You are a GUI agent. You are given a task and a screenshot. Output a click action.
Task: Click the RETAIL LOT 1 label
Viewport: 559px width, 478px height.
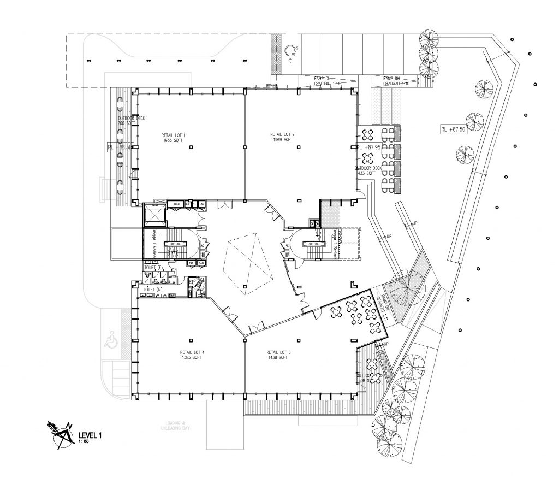coord(174,138)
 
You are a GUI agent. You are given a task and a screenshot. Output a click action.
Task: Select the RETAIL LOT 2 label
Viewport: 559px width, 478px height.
coord(282,137)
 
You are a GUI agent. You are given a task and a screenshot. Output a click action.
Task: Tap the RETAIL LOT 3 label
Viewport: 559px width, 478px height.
coord(278,355)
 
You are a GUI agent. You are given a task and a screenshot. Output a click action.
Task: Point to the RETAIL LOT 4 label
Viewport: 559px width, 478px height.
coord(193,355)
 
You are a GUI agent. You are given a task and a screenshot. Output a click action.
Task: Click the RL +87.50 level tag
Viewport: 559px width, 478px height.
coord(453,129)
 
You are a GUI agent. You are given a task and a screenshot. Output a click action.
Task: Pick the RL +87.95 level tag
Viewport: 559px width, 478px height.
coord(368,147)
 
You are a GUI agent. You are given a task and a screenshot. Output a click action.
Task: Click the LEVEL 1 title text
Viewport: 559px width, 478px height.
coord(91,435)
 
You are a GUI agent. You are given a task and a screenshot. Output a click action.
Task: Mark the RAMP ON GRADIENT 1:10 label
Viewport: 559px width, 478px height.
coord(396,80)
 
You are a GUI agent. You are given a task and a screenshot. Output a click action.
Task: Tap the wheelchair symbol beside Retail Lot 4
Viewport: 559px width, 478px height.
coord(111,341)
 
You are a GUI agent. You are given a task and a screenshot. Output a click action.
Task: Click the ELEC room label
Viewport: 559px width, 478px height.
coord(176,204)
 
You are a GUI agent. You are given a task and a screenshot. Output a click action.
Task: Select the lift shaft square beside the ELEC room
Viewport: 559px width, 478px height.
coord(154,214)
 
